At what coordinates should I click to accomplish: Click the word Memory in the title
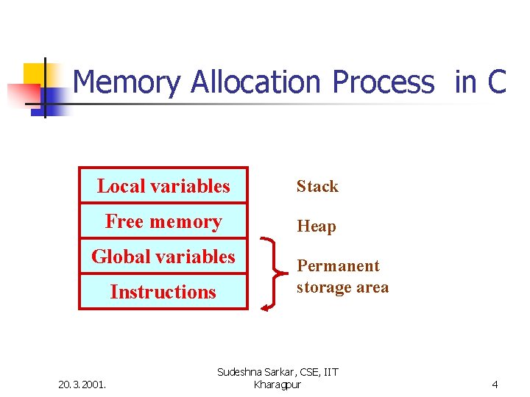[126, 82]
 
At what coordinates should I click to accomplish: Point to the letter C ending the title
[497, 82]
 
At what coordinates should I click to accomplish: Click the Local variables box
[163, 186]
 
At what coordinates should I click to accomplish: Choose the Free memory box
[163, 221]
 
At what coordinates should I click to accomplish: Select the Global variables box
[163, 257]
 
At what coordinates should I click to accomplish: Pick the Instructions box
[163, 292]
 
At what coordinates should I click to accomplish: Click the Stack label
[317, 187]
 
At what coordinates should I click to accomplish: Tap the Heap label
[317, 226]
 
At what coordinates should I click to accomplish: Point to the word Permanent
[338, 266]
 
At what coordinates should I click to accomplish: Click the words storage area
[342, 287]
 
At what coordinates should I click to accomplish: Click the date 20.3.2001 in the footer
[82, 384]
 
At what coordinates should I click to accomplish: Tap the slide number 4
[495, 384]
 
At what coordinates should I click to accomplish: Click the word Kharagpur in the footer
[277, 385]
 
